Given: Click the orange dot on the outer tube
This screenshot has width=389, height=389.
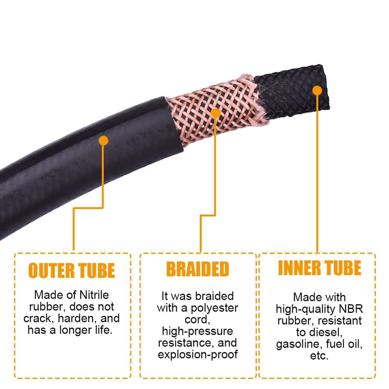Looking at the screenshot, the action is click(103, 141).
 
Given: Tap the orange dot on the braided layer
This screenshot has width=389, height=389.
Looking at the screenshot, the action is click(216, 113).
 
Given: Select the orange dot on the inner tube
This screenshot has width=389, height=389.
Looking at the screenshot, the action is click(317, 91).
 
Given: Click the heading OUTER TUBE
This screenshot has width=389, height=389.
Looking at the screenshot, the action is click(72, 270).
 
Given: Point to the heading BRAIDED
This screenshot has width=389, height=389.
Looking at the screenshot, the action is click(198, 269).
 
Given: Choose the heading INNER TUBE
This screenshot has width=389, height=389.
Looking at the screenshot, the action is click(319, 268).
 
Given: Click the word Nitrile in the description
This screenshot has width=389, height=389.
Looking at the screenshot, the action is click(94, 295).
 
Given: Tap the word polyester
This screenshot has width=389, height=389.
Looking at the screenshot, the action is click(214, 308).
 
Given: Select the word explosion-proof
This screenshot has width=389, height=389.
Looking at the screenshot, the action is click(198, 354).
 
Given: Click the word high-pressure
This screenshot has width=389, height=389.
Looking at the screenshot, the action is click(197, 331).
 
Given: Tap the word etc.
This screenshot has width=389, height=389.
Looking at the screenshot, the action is click(319, 356).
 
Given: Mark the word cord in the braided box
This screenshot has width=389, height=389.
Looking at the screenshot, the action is click(197, 319).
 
